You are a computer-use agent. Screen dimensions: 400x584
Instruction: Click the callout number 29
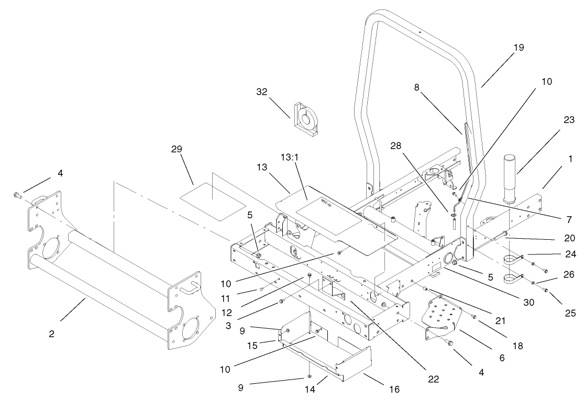point(176,149)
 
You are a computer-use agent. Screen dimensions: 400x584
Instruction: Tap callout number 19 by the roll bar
point(518,48)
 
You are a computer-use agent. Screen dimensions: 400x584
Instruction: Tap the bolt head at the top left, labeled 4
point(16,195)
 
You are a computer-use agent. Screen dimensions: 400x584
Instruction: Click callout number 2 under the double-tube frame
point(51,334)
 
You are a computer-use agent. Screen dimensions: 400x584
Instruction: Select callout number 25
point(570,314)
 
